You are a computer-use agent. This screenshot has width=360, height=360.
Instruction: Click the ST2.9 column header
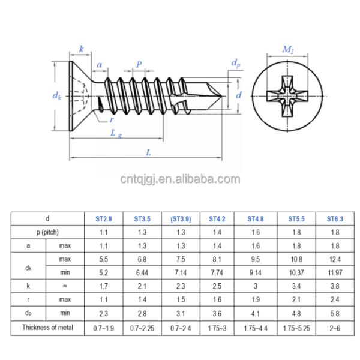pos(104,219)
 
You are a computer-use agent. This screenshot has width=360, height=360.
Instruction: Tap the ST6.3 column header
pos(334,219)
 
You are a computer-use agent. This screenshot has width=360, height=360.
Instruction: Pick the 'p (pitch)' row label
pos(47,232)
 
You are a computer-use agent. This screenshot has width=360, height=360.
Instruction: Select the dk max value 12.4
pos(334,259)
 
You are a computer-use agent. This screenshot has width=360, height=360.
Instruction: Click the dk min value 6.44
pos(142,272)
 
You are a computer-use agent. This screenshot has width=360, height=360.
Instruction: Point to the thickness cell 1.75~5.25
pos(293,327)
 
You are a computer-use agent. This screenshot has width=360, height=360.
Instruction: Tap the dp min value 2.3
pos(104,313)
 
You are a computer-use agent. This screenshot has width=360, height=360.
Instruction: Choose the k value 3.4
pos(293,286)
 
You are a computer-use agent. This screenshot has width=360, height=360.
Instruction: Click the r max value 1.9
pos(254,299)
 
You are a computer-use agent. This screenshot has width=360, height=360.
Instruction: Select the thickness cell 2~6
pos(334,327)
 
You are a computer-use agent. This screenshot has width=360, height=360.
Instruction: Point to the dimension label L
pos(148,152)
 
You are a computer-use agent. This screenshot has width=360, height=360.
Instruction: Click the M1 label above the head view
pos(288,50)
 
